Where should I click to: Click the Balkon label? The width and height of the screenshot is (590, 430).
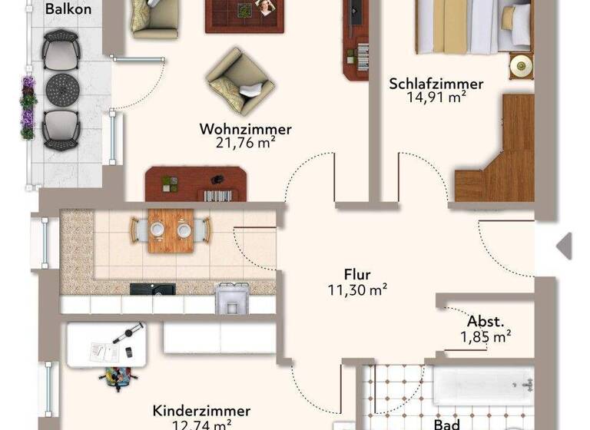click(x=68, y=10)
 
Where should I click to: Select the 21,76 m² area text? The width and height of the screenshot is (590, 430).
click(x=247, y=142)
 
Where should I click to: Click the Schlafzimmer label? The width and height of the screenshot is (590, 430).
click(x=436, y=84)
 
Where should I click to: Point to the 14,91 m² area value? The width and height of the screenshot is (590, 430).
click(x=436, y=98)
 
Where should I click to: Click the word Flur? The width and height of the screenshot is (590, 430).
click(x=357, y=274)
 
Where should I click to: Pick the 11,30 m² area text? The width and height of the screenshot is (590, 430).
click(x=357, y=289)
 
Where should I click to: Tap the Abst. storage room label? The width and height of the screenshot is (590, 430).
click(x=486, y=321)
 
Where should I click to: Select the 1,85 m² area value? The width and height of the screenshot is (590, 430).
click(x=486, y=336)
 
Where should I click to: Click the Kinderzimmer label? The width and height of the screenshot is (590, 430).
click(x=201, y=412)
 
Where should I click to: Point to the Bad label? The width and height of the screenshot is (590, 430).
click(x=446, y=423)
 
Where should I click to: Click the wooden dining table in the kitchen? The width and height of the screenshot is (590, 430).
click(x=170, y=230)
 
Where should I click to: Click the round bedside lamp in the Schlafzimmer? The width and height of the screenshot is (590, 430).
click(x=521, y=64)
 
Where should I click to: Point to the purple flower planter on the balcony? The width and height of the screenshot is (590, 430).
click(x=28, y=107)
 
